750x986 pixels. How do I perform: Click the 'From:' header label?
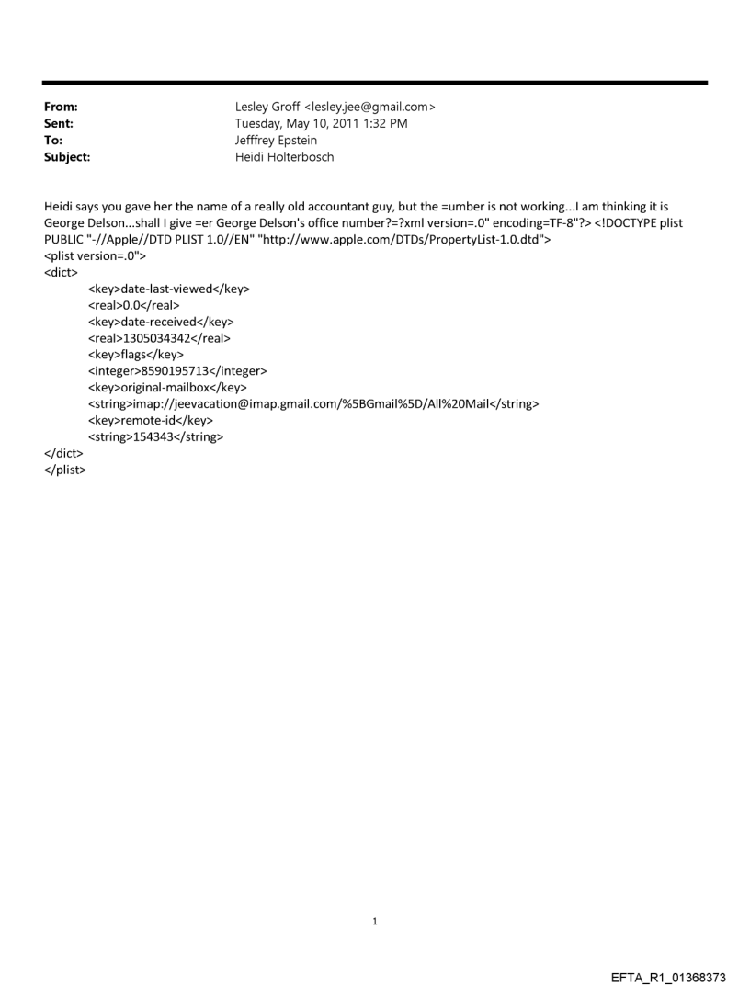click(x=58, y=108)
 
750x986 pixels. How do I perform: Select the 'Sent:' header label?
click(x=56, y=124)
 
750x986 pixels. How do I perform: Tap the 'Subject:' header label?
click(x=64, y=157)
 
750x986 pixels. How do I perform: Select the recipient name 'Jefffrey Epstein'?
click(x=277, y=141)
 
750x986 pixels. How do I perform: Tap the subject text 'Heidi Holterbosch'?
click(x=285, y=157)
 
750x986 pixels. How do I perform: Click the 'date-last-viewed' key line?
click(x=168, y=289)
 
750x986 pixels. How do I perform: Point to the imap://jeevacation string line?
click(x=312, y=404)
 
